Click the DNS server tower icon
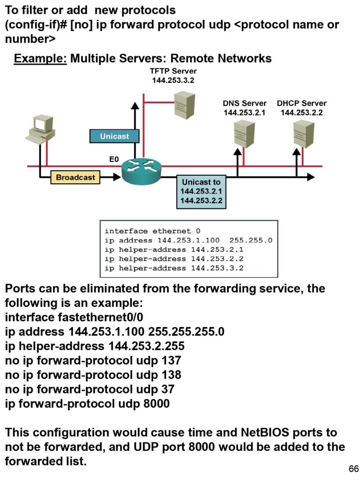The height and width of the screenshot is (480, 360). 244,134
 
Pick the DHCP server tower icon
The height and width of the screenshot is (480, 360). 303,134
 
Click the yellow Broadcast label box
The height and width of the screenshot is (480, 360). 75,178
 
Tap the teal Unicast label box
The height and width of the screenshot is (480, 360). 114,136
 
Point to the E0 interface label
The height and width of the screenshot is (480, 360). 113,159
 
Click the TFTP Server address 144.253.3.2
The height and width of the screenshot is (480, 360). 173,80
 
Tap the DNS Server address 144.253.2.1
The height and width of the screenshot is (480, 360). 244,112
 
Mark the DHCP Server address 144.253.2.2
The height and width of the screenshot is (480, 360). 301,112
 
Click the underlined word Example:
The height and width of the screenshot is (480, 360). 40,59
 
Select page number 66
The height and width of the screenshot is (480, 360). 353,469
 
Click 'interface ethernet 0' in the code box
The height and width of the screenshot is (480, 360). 152,231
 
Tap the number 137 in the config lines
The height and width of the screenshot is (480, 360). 171,360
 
